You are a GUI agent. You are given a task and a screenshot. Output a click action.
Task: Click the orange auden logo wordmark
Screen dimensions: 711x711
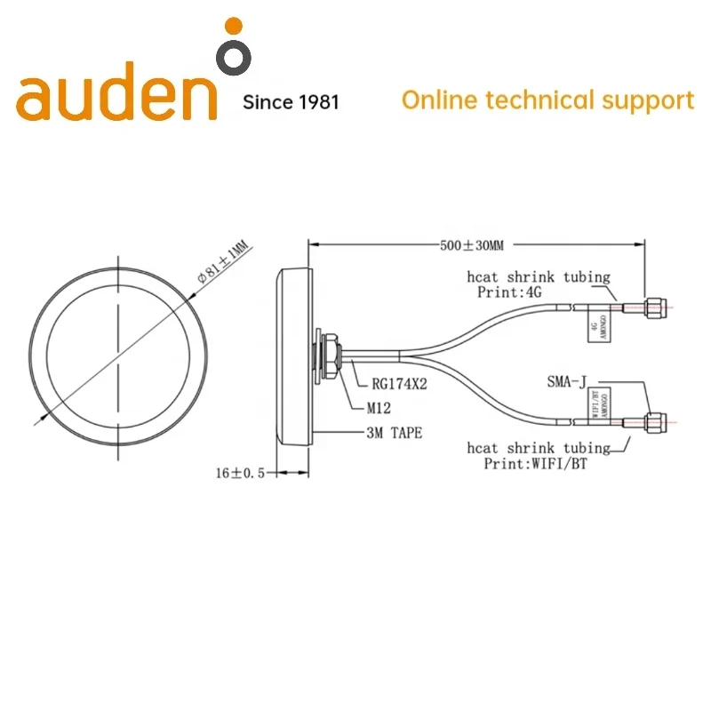point(116,98)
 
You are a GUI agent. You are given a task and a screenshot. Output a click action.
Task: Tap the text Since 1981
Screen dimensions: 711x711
point(291,102)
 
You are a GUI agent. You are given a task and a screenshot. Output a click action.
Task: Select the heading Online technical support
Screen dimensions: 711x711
point(547,100)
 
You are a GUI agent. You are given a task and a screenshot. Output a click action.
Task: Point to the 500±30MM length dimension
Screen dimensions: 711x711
point(472,244)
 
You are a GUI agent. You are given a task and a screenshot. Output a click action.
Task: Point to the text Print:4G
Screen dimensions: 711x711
point(509,291)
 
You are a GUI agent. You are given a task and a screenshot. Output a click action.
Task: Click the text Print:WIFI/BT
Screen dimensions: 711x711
point(537,463)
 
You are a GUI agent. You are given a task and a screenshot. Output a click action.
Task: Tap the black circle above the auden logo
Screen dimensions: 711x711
point(234,57)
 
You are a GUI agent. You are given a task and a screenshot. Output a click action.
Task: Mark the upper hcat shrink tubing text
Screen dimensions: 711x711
point(539,277)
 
